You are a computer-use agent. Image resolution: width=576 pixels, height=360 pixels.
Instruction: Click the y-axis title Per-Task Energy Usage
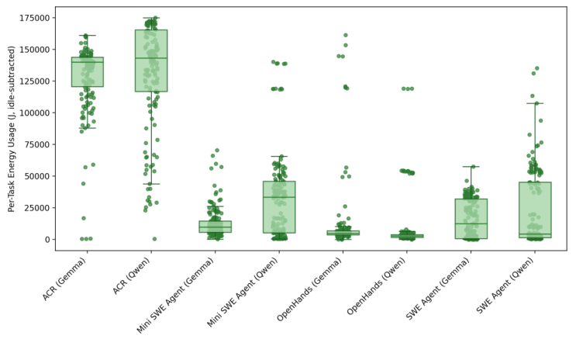12,128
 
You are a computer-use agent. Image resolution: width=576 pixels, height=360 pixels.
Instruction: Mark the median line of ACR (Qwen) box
151,58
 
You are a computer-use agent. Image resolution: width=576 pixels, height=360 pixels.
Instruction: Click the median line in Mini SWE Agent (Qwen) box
279,197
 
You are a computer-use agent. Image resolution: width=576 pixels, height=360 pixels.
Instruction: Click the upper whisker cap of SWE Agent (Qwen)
535,103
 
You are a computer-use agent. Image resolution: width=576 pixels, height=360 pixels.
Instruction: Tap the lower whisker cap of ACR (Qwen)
151,184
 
